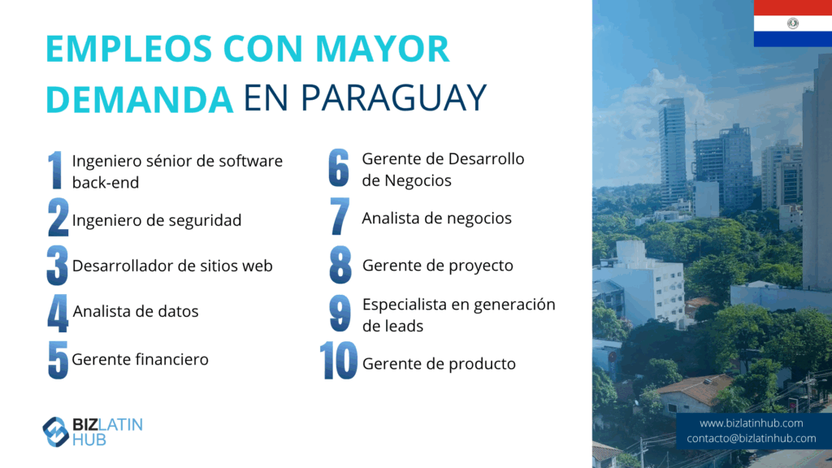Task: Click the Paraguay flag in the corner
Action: [x=793, y=23]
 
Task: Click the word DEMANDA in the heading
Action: [x=139, y=99]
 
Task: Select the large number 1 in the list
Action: [x=55, y=170]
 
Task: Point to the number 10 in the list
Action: [x=339, y=361]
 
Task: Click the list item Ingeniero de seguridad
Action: [x=157, y=220]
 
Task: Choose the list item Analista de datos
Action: [x=136, y=311]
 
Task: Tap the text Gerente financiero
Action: [x=140, y=359]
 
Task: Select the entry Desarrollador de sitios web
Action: [x=172, y=266]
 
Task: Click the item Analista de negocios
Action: [x=436, y=218]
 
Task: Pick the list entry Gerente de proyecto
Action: [x=437, y=266]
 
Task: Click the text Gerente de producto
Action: [x=439, y=364]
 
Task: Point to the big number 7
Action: [x=340, y=216]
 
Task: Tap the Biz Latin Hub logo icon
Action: [x=56, y=431]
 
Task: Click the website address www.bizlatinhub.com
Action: [x=751, y=422]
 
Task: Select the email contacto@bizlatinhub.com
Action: [x=751, y=438]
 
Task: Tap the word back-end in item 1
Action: [x=106, y=183]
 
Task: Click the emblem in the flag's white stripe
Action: [x=793, y=23]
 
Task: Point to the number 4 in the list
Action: [x=58, y=313]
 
